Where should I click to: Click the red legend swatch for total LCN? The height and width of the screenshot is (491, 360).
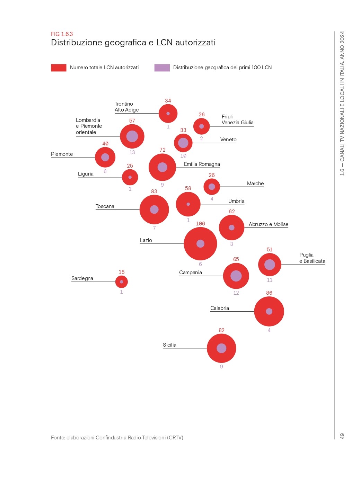point(59,68)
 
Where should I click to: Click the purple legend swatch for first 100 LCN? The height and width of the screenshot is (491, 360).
point(162,68)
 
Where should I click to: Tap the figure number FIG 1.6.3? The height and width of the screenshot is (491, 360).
point(62,34)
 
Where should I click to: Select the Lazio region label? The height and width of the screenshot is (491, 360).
point(146,240)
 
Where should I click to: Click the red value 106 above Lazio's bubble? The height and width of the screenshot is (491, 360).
point(200,224)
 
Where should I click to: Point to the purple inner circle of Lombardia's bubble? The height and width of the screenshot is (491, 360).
point(132,136)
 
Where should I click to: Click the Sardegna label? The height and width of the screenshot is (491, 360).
point(82,278)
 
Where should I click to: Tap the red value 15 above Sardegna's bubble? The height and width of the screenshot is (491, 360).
point(122,272)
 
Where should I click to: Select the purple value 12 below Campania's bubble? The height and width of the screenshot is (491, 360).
point(236,293)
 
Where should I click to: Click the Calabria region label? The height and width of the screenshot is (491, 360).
point(220,308)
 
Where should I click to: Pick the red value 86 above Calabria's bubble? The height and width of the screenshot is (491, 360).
point(269,293)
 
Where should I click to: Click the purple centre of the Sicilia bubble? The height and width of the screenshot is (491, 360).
point(221,348)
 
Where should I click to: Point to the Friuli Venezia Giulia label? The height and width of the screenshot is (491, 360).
point(237,119)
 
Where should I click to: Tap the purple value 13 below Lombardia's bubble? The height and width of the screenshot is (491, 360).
point(132,152)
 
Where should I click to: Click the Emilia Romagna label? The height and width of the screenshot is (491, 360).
point(202,164)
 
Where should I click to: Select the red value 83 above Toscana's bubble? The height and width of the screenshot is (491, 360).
point(154,191)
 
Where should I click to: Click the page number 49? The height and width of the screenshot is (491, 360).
point(342,436)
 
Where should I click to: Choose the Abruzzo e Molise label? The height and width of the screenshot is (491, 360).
point(268,224)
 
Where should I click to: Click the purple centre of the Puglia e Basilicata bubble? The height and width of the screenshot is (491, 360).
point(270,265)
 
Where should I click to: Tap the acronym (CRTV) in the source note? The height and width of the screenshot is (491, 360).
point(175,438)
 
